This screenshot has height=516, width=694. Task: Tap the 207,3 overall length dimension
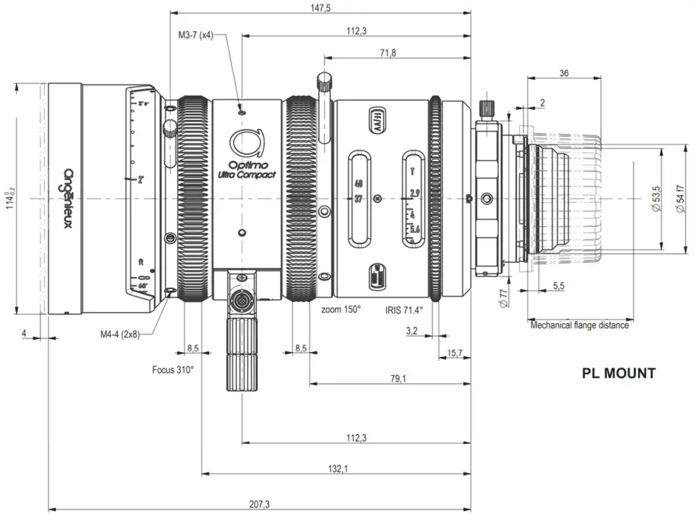259,504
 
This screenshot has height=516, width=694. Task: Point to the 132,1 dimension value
337,469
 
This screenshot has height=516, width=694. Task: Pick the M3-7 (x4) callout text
196,35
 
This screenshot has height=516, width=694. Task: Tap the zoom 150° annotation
341,309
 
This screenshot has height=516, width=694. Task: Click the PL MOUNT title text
618,374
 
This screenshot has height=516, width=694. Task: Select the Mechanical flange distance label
580,325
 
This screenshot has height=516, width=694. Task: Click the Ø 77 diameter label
504,297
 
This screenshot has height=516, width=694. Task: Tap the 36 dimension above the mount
564,73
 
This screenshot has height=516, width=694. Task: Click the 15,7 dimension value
456,354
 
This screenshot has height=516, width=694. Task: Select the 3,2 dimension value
412,331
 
